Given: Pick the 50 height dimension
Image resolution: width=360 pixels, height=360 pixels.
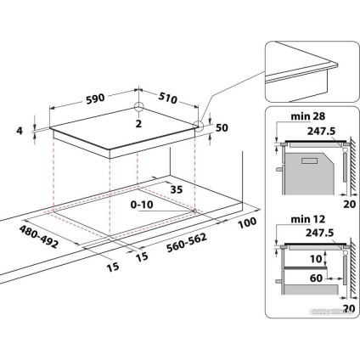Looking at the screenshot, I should point(223,127).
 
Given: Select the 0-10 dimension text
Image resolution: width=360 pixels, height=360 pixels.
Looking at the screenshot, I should point(142,205).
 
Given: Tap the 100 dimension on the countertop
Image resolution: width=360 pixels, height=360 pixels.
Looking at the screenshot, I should point(247,222).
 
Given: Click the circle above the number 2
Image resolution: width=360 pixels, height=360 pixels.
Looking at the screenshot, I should point(138,108).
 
